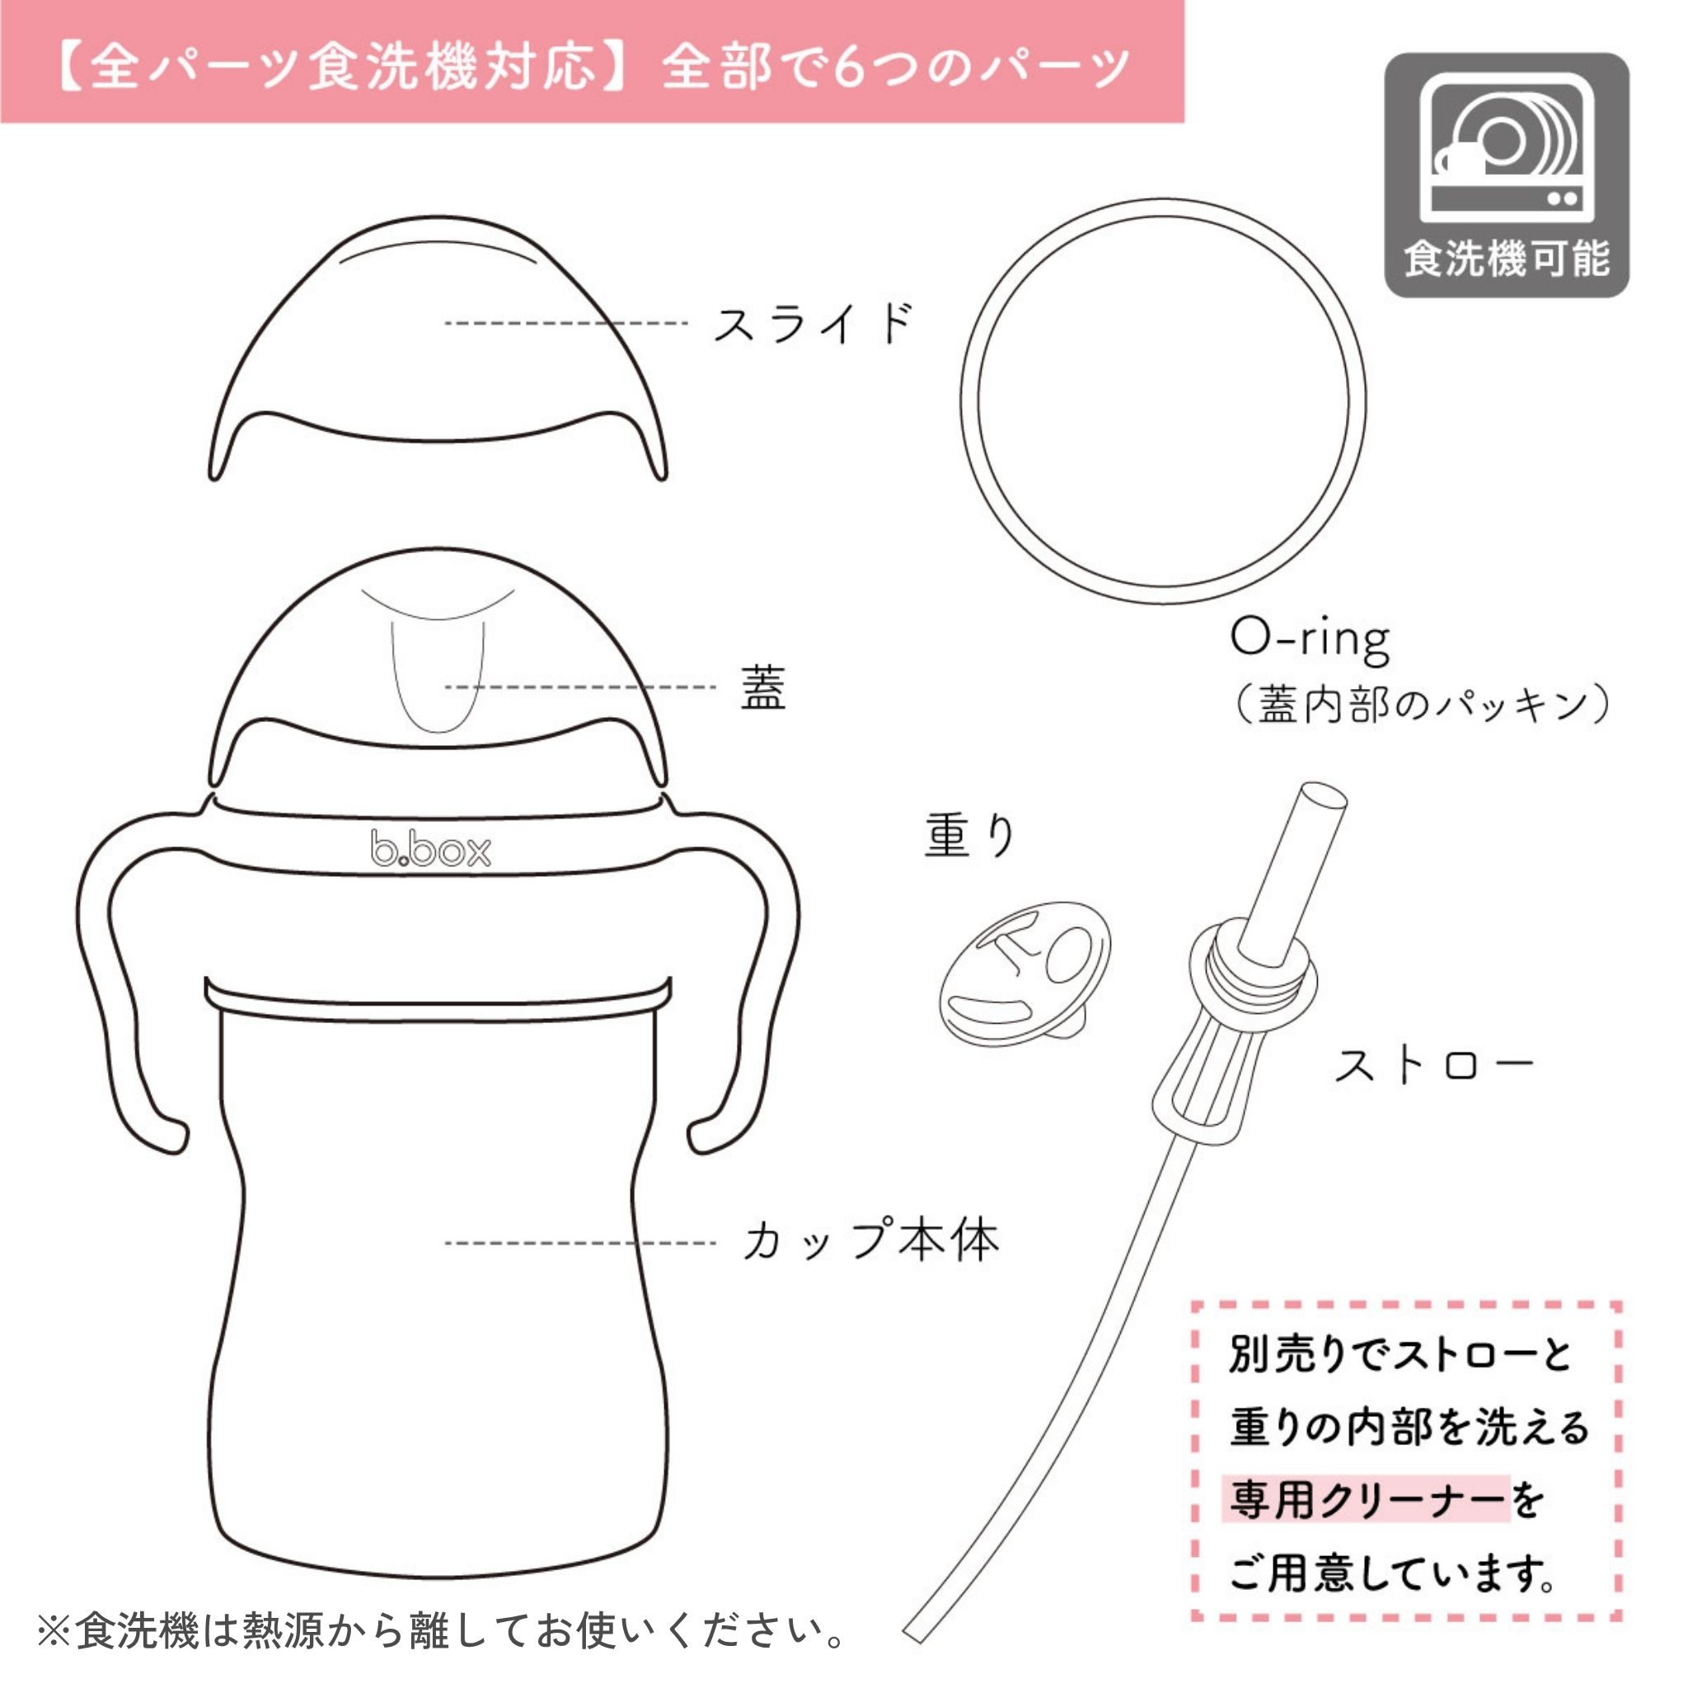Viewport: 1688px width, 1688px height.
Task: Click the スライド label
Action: tap(814, 323)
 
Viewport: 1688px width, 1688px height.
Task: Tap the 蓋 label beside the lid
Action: tap(762, 687)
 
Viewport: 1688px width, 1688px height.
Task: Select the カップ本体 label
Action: tap(871, 1241)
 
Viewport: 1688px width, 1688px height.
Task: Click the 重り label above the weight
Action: tap(970, 836)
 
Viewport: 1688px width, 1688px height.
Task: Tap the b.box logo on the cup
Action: tap(431, 848)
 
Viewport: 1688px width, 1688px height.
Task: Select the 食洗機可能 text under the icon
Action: tap(1507, 259)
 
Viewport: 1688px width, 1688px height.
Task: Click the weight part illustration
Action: tap(1025, 973)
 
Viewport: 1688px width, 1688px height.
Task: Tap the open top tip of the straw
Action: tap(1323, 797)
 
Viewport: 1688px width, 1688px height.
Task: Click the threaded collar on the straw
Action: tap(1253, 963)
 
